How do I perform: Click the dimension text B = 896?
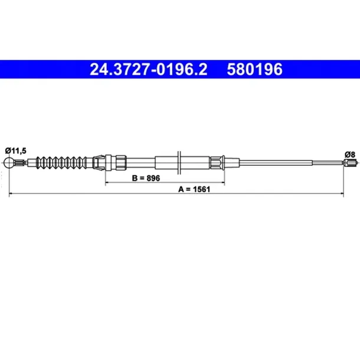(x=146, y=177)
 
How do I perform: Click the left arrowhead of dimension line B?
(x=108, y=182)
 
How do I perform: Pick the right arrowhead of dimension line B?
(x=223, y=182)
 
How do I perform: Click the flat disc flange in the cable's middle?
(x=179, y=162)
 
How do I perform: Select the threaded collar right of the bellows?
(x=119, y=162)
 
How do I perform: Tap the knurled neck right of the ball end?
(x=22, y=163)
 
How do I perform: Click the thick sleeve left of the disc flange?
(x=165, y=162)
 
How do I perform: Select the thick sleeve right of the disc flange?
(x=195, y=162)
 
